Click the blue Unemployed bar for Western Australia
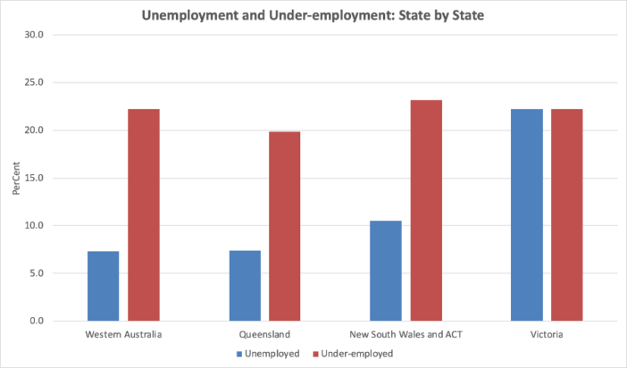103,286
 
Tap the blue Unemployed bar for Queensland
245,286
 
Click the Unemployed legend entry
267,354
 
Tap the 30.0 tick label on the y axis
35,35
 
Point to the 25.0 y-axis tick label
35,83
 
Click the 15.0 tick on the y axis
35,178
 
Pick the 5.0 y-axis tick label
37,273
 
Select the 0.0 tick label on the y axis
37,321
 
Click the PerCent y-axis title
15,178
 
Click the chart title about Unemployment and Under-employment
313,14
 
